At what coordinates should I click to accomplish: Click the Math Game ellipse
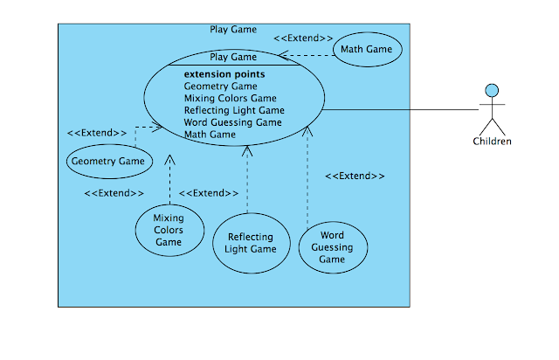click(x=367, y=50)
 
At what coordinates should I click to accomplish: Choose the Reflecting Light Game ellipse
click(x=251, y=243)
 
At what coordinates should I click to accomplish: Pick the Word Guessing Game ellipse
click(x=332, y=247)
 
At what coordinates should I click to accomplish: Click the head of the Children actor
click(x=492, y=89)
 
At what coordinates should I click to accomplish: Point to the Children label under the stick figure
click(x=492, y=142)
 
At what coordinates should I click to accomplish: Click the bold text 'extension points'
click(x=224, y=74)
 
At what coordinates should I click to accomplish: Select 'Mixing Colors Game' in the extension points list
click(x=230, y=99)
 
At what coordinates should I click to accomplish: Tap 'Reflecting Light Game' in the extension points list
click(x=234, y=111)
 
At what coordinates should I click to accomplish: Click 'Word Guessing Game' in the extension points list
click(x=232, y=123)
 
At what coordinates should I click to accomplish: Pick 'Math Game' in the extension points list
click(x=210, y=135)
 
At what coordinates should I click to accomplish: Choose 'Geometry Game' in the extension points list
click(x=220, y=87)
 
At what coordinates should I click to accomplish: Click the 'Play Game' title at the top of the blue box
click(x=233, y=29)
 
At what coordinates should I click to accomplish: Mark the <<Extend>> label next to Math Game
click(x=303, y=39)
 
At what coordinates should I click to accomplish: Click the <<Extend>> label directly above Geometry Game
click(x=96, y=133)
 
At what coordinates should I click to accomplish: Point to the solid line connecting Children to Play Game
click(x=402, y=109)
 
